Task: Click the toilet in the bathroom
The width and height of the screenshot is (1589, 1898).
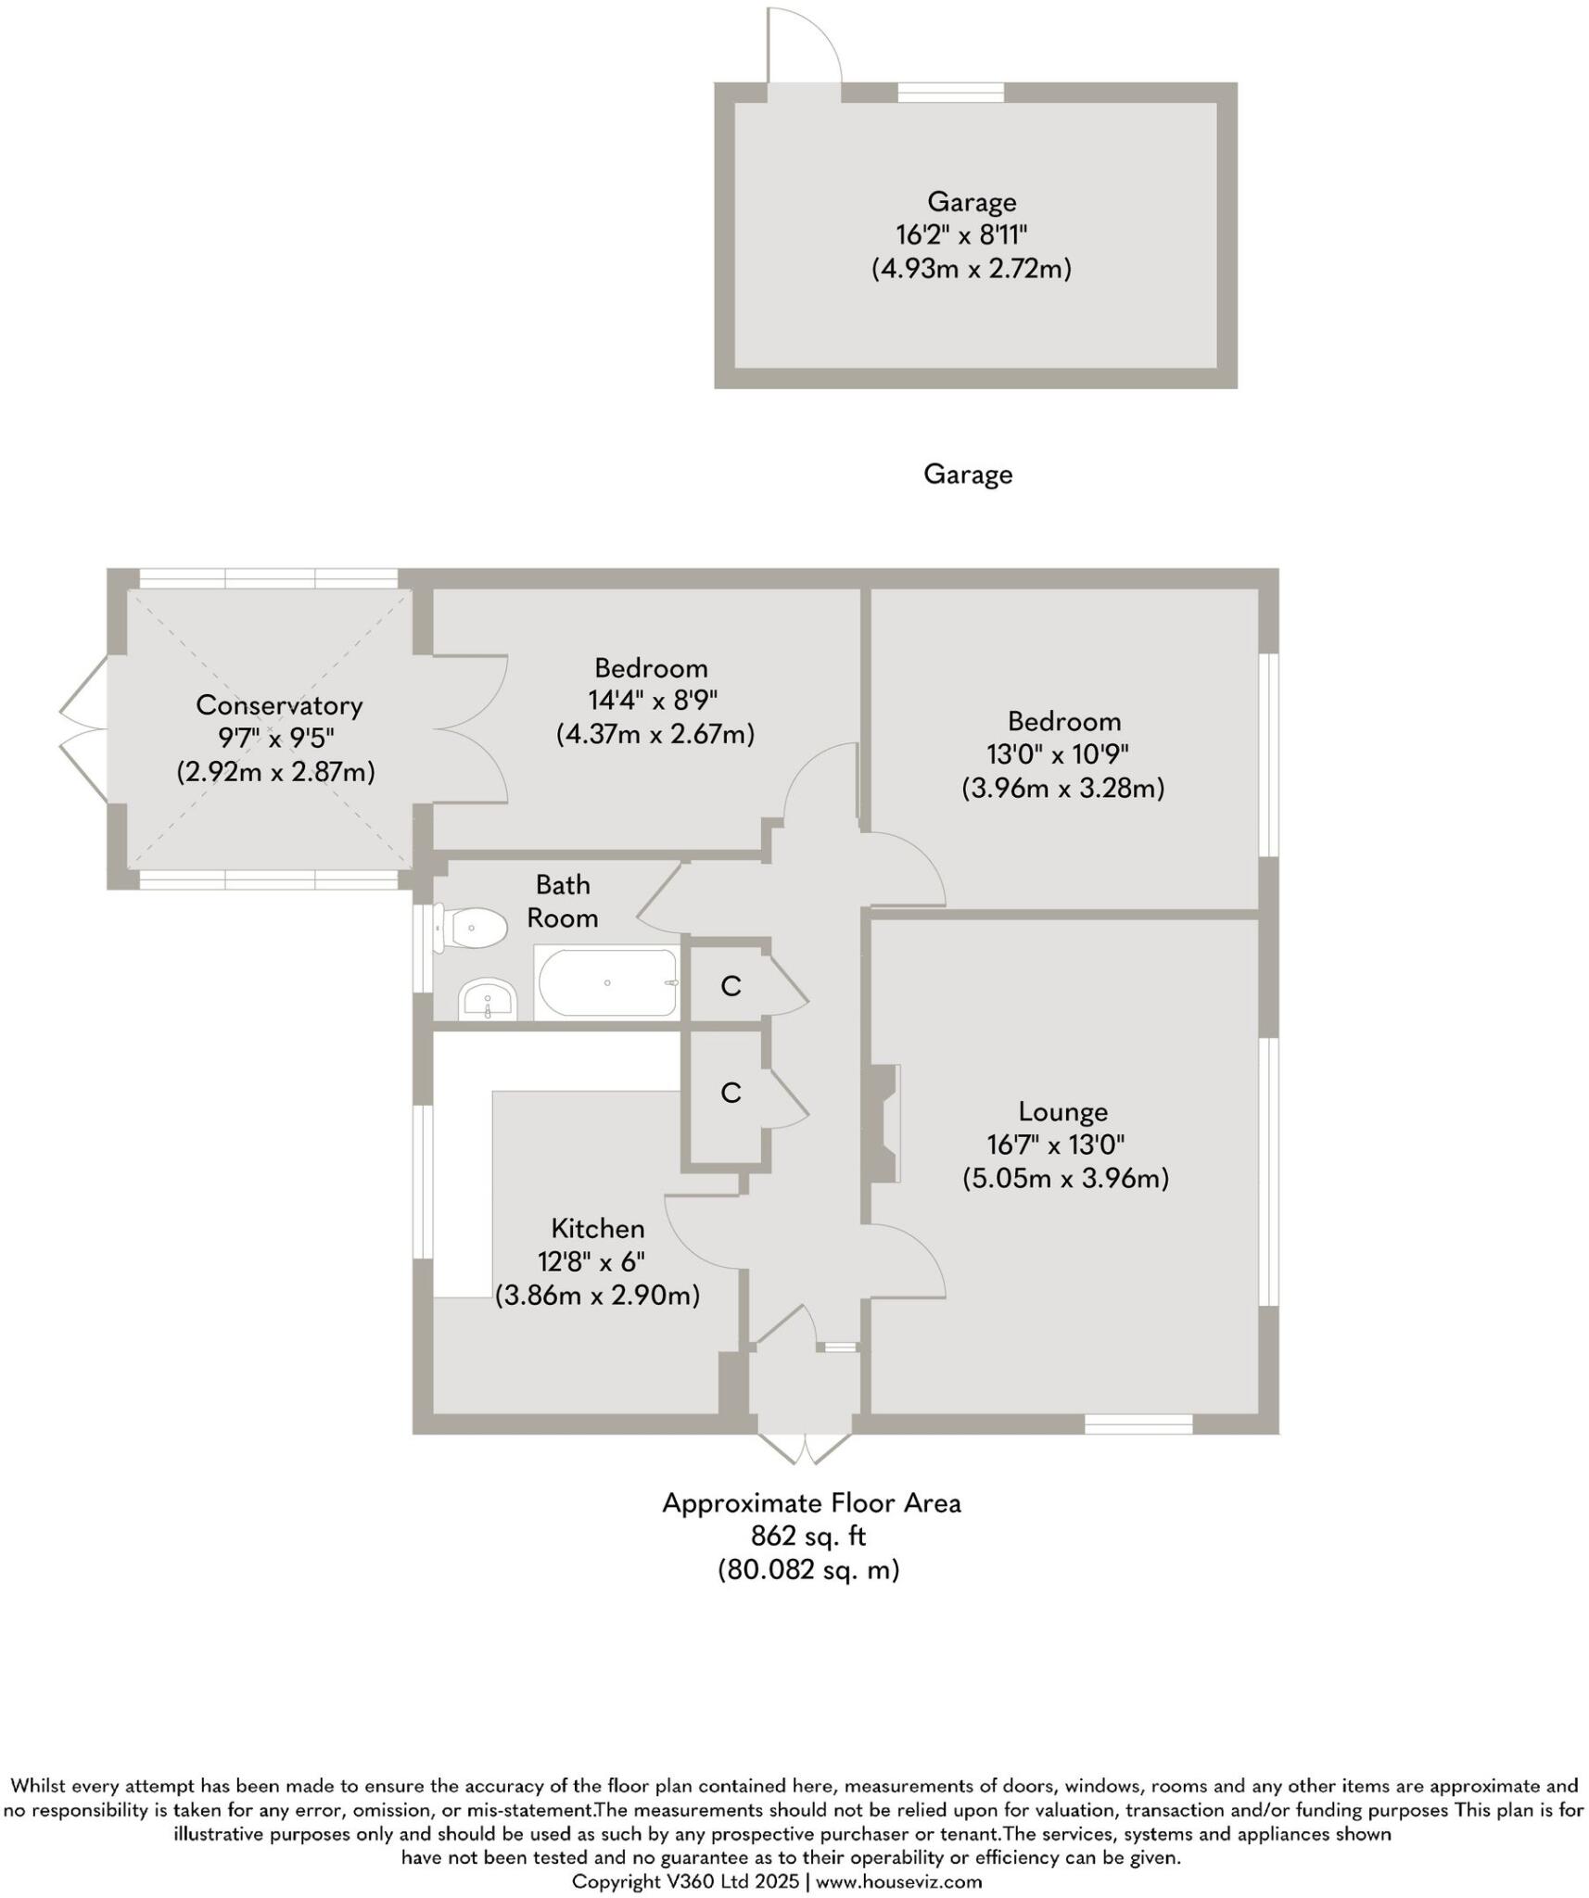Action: click(x=474, y=928)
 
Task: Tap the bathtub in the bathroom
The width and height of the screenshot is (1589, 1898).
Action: click(x=607, y=982)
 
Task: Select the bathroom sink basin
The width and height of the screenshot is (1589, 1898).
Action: click(x=487, y=999)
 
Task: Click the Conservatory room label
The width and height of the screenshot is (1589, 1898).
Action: click(x=279, y=705)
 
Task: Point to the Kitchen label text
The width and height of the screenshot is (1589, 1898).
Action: click(x=598, y=1229)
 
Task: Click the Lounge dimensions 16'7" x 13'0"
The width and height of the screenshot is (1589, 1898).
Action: click(x=1056, y=1145)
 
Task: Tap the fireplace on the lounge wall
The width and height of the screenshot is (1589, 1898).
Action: click(x=883, y=1123)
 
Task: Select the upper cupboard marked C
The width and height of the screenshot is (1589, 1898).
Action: click(x=731, y=986)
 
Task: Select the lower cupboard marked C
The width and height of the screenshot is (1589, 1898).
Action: click(x=731, y=1094)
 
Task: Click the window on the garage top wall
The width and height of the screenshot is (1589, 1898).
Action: click(x=951, y=92)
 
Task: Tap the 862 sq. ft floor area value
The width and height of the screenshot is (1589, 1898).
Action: click(x=808, y=1537)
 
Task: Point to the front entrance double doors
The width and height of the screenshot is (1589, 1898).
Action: click(x=805, y=1449)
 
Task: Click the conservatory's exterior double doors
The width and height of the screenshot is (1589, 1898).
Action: click(x=83, y=729)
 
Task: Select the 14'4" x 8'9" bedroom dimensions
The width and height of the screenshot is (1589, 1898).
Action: click(x=653, y=700)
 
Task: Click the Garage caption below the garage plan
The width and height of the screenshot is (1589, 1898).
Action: click(x=968, y=474)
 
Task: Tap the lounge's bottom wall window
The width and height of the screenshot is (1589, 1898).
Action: click(x=1138, y=1424)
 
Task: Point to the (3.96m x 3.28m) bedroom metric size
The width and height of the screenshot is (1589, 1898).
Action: click(x=1062, y=789)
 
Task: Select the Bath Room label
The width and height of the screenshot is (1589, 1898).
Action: click(x=563, y=901)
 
